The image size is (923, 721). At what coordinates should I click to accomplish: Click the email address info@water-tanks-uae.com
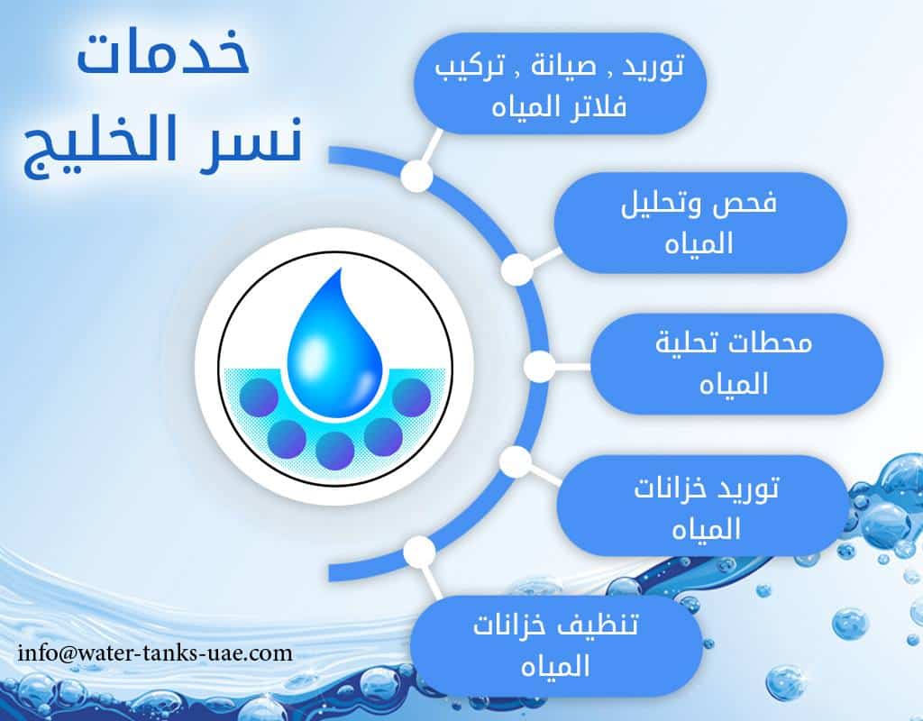click(155, 652)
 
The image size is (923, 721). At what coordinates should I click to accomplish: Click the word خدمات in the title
click(162, 59)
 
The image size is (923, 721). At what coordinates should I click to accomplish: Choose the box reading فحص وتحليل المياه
click(699, 223)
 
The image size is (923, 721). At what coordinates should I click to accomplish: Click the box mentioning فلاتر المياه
click(559, 85)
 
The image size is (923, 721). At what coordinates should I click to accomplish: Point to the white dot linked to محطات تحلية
click(539, 365)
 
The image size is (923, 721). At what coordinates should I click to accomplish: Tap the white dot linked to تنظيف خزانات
click(418, 550)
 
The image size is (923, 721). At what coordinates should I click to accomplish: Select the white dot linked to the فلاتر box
click(416, 176)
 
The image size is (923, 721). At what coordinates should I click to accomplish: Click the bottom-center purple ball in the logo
click(334, 450)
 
